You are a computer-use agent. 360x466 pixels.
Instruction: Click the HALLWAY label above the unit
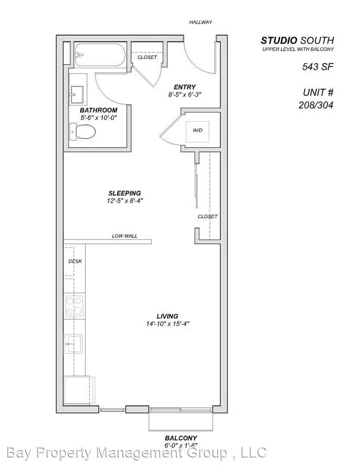200,22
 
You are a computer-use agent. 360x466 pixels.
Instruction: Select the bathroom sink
77,92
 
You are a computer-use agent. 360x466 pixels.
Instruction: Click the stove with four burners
74,306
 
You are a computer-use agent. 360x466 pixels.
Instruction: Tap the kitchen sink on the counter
74,343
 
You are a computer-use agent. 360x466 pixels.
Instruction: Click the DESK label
75,261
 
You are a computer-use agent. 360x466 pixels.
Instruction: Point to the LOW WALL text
125,236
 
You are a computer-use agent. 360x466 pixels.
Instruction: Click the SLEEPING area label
125,193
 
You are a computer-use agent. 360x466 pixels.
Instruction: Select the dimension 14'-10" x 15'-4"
168,324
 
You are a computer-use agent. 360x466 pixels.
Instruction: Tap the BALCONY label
181,438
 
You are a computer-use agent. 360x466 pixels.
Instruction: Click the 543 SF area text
317,66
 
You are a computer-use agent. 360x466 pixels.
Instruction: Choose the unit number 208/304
316,105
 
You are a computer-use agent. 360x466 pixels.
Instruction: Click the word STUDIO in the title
279,41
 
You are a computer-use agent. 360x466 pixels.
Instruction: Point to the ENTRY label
185,87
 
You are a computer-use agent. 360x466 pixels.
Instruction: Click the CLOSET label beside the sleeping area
207,217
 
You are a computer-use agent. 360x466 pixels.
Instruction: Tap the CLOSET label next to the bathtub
147,57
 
